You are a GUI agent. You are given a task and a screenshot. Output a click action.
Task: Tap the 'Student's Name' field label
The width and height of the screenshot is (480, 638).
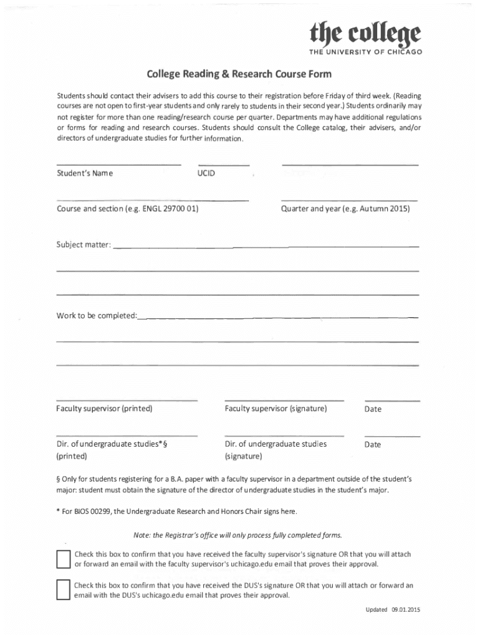[x=85, y=173]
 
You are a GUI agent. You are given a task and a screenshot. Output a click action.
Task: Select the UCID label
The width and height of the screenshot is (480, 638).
[x=206, y=173]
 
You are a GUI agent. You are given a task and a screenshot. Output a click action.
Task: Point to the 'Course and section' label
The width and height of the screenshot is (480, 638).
[x=127, y=209]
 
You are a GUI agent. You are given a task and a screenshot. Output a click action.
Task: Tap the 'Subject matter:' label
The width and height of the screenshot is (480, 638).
[x=84, y=245]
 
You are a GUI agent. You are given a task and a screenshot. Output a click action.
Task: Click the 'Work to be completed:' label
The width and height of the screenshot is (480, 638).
[x=96, y=316]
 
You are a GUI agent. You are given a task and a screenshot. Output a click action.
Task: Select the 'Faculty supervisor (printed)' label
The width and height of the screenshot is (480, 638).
[x=104, y=409]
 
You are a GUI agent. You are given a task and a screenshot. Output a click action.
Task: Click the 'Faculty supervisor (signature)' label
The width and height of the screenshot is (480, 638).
[x=276, y=409]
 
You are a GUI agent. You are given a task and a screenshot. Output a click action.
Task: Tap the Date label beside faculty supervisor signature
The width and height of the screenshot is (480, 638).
[x=373, y=409]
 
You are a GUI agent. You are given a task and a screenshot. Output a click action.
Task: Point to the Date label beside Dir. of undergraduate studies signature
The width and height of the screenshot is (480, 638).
[x=373, y=445]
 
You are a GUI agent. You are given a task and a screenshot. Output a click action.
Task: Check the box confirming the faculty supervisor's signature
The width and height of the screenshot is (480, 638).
[x=63, y=559]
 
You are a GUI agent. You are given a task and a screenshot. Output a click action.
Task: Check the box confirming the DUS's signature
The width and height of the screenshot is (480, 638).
[x=63, y=590]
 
